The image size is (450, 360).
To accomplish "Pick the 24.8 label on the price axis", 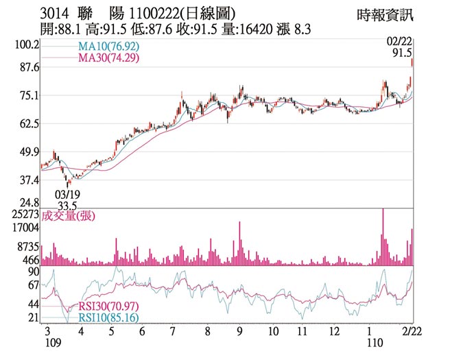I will (29, 204).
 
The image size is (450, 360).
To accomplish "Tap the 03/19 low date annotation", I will (67, 194).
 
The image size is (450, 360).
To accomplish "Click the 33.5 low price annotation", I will (67, 206).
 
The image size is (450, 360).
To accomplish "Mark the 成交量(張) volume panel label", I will (69, 217).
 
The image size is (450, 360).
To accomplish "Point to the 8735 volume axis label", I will (28, 245).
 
